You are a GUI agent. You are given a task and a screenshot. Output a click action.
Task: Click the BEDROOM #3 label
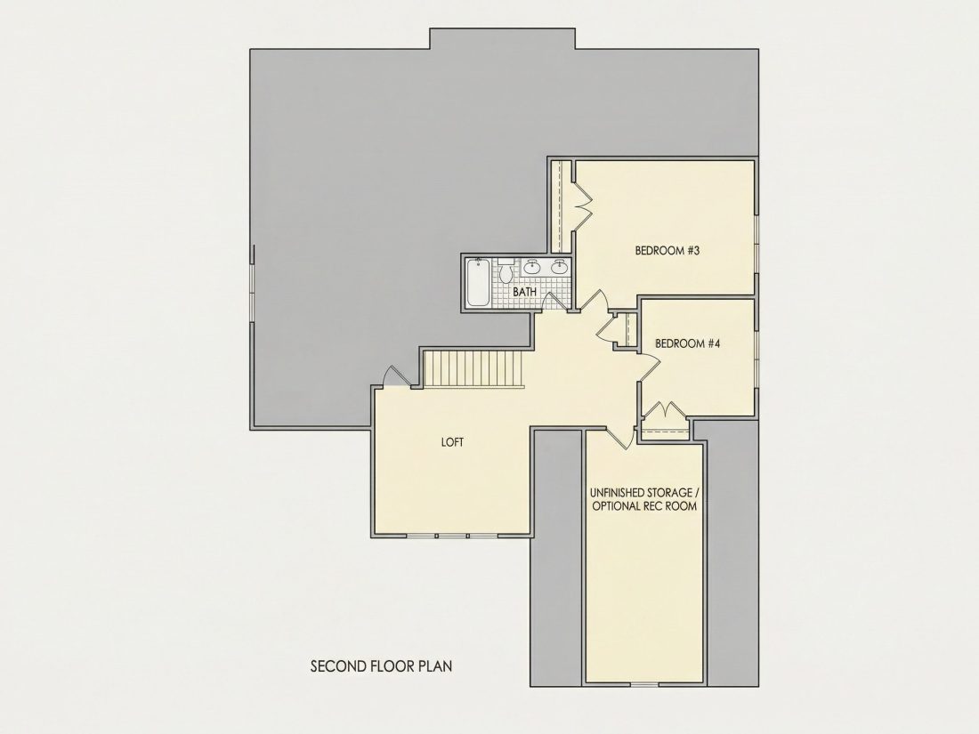pyautogui.click(x=667, y=251)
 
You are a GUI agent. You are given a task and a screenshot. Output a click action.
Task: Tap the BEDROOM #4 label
pyautogui.click(x=687, y=343)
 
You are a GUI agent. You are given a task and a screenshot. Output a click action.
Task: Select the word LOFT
pyautogui.click(x=453, y=442)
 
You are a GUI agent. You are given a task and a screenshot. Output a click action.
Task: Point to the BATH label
pyautogui.click(x=524, y=292)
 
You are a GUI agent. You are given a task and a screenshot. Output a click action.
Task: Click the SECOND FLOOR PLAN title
pyautogui.click(x=382, y=666)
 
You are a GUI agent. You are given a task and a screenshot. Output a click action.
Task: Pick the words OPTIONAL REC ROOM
pyautogui.click(x=644, y=506)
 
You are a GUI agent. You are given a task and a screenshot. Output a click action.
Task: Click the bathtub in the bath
pyautogui.click(x=479, y=282)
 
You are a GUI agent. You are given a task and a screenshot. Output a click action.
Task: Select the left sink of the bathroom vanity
pyautogui.click(x=532, y=267)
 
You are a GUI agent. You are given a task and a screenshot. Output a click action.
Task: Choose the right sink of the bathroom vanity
pyautogui.click(x=560, y=267)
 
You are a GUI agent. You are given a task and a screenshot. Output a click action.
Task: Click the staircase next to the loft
pyautogui.click(x=474, y=369)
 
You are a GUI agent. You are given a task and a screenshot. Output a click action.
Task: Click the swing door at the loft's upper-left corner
pyautogui.click(x=394, y=376)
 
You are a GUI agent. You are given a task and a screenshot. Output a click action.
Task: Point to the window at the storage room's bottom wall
pyautogui.click(x=644, y=685)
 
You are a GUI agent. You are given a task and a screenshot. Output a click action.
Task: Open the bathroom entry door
pyautogui.click(x=556, y=300)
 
